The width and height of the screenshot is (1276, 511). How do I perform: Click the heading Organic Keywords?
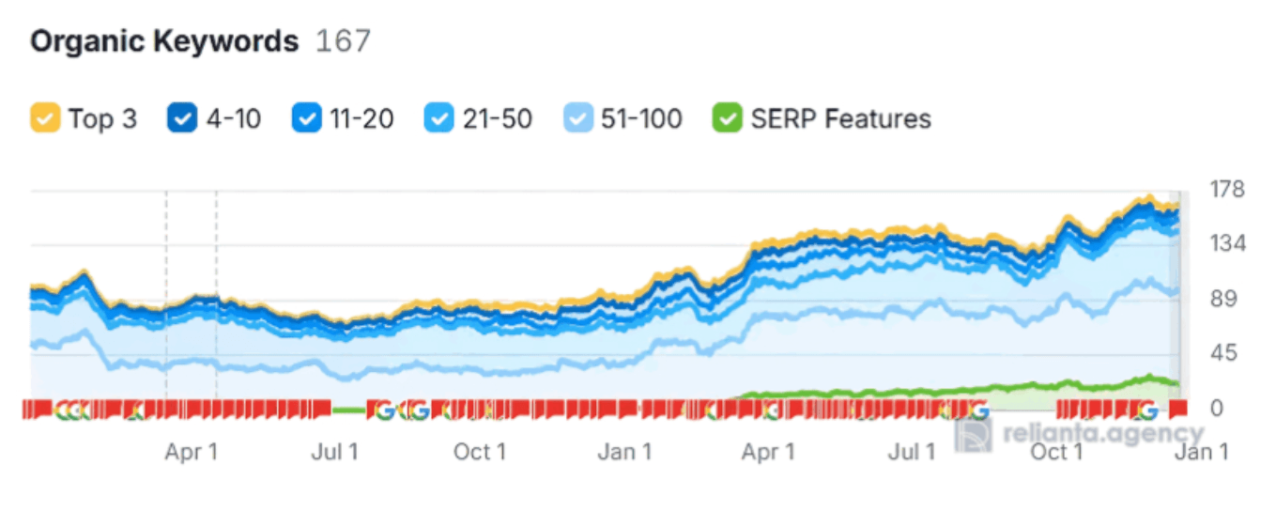[164, 42]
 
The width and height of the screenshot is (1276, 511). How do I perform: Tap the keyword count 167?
[343, 42]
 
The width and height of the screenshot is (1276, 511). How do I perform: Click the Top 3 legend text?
[101, 119]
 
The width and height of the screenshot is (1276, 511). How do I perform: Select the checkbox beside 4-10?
[182, 119]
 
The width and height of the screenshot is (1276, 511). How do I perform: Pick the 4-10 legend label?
[233, 119]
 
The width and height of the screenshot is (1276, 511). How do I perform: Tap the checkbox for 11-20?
[307, 119]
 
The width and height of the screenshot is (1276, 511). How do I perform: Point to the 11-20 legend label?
[361, 119]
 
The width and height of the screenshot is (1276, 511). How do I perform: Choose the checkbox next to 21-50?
[439, 119]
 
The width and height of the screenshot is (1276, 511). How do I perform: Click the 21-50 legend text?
[498, 119]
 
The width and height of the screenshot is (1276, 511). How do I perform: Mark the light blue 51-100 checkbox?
[578, 119]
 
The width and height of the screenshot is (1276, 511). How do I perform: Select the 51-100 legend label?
[642, 119]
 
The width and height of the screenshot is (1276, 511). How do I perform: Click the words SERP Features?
[840, 119]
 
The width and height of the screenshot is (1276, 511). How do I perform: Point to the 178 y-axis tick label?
[1225, 190]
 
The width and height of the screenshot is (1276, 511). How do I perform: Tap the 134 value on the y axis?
[1225, 244]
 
